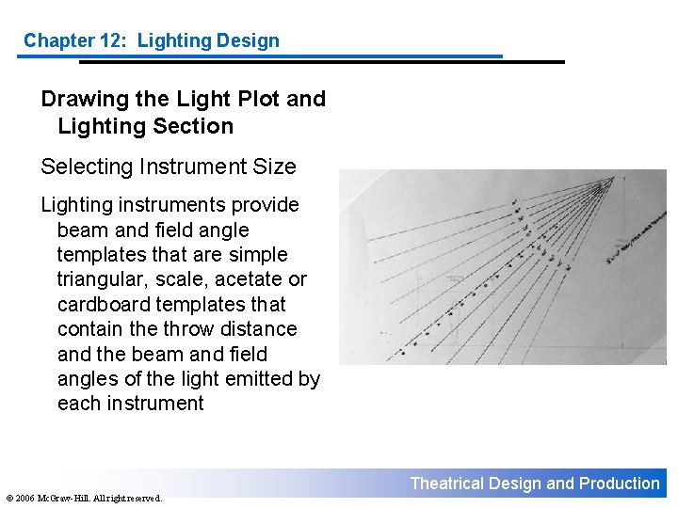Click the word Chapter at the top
(55, 40)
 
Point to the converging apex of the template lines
(604, 185)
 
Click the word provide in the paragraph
(266, 205)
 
